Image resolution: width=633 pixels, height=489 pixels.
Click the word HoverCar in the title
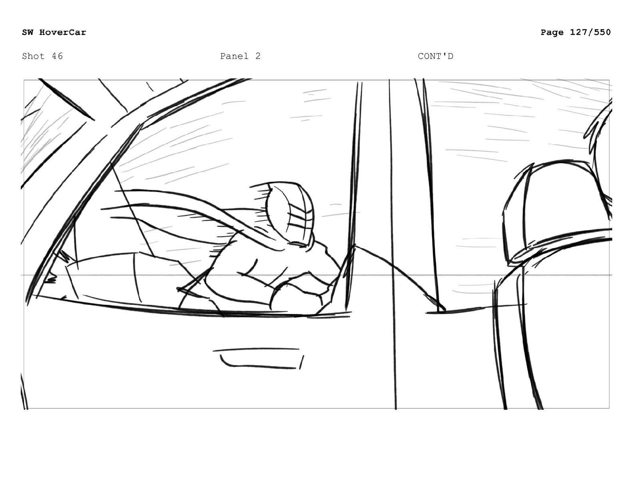[63, 32]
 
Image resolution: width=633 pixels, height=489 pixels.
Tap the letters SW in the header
[28, 32]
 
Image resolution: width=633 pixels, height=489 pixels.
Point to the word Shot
[34, 56]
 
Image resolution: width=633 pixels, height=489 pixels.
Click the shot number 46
[57, 56]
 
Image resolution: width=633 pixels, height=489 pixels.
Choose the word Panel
[234, 56]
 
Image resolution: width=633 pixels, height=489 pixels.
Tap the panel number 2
[258, 56]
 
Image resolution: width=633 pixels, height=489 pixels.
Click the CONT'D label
[436, 56]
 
